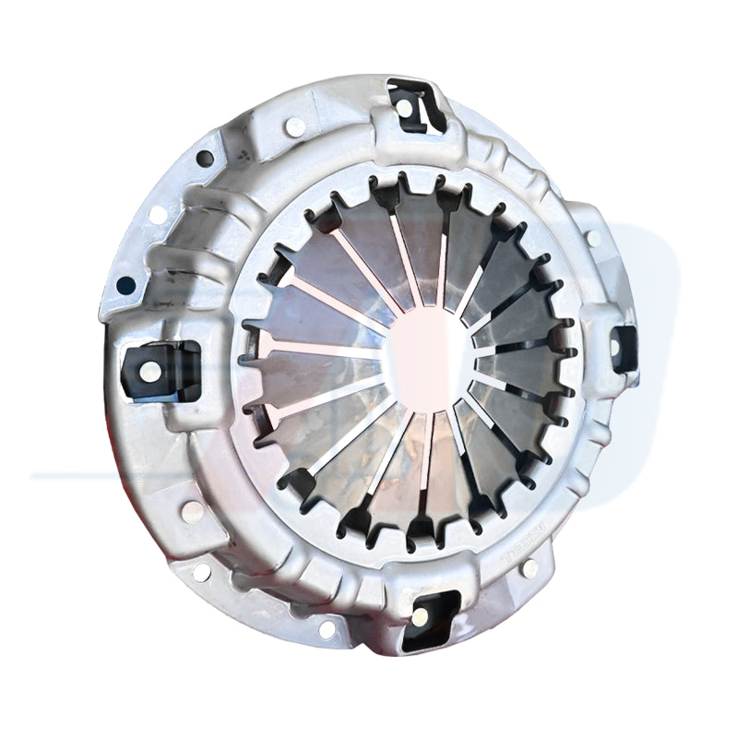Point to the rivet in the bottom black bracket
(423, 618)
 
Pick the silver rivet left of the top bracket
(295, 126)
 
